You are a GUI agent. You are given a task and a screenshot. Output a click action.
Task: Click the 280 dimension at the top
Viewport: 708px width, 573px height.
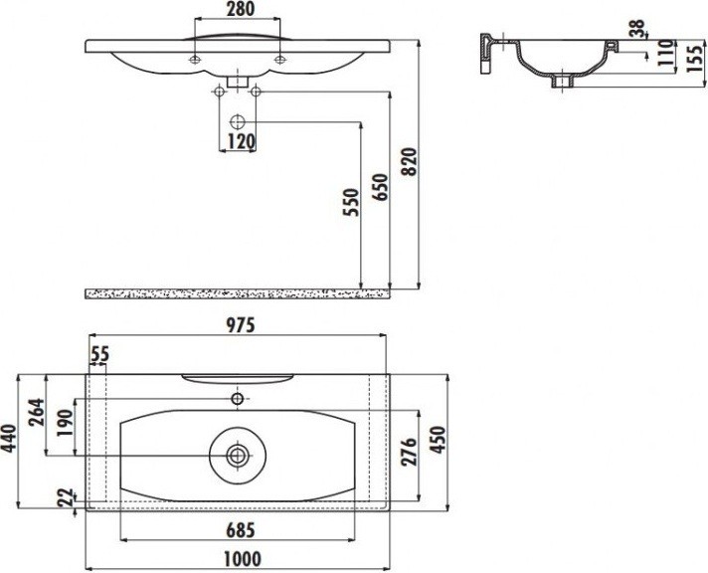pyautogui.click(x=241, y=9)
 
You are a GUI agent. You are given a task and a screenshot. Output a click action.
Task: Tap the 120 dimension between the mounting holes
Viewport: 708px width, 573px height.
pyautogui.click(x=241, y=141)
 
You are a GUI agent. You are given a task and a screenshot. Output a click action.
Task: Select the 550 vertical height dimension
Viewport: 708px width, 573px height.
pyautogui.click(x=351, y=203)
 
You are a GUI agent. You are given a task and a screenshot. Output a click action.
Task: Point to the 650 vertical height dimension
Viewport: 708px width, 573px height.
pyautogui.click(x=380, y=187)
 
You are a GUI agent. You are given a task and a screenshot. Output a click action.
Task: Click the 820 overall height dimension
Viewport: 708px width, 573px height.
pyautogui.click(x=409, y=161)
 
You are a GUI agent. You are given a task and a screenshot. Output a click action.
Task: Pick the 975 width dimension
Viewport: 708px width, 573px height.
pyautogui.click(x=241, y=325)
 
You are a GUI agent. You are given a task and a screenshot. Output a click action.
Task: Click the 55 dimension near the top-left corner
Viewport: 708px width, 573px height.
pyautogui.click(x=99, y=354)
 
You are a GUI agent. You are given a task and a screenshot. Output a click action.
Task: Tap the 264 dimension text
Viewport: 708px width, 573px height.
pyautogui.click(x=36, y=412)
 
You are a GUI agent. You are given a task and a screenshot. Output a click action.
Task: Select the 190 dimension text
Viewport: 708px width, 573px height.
pyautogui.click(x=65, y=423)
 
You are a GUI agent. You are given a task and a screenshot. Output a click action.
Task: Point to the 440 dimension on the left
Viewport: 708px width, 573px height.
pyautogui.click(x=9, y=439)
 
